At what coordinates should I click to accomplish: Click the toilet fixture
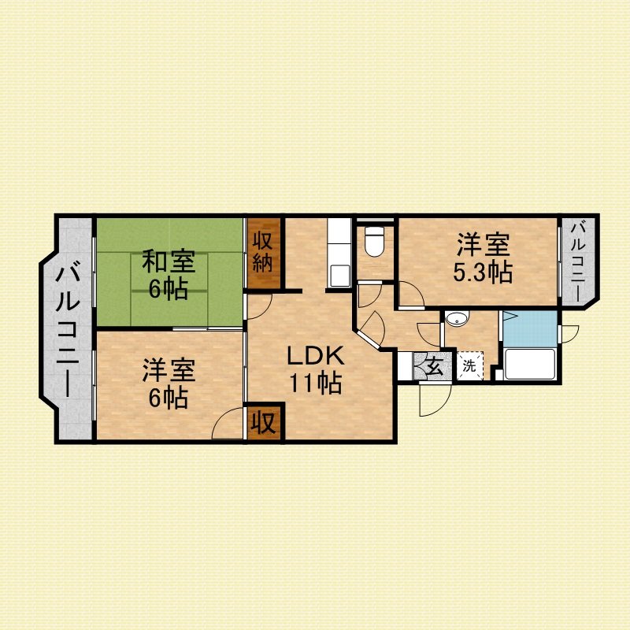375,241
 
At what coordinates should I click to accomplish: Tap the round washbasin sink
458,320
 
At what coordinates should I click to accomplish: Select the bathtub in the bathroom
529,364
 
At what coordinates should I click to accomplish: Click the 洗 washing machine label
469,366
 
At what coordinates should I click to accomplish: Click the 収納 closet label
263,253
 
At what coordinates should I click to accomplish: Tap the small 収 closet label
263,423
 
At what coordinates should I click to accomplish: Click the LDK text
315,356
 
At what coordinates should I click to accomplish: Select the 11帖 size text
316,383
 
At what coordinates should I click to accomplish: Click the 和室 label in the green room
169,261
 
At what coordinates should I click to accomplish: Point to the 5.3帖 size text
483,272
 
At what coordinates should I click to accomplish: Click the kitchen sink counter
339,253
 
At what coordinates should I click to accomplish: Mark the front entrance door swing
435,400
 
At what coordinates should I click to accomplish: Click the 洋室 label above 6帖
169,370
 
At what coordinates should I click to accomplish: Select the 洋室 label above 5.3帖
483,245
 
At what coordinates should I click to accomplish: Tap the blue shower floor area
530,328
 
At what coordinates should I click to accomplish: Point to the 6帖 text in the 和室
169,288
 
